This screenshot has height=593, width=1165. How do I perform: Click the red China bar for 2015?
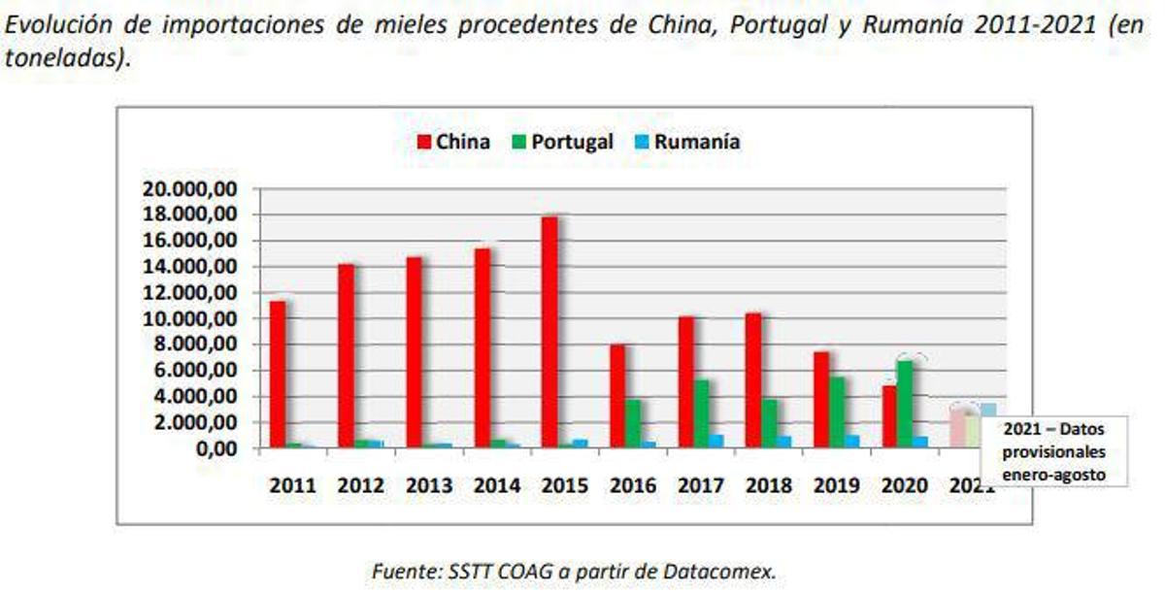tap(549, 332)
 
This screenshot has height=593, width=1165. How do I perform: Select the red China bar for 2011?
tap(278, 375)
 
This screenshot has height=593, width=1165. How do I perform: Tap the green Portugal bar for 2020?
tap(905, 404)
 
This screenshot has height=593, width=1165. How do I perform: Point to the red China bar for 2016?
tap(617, 396)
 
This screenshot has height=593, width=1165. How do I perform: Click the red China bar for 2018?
tap(753, 380)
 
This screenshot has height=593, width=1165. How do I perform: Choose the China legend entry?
tap(453, 143)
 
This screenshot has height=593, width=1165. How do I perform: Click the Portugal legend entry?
tap(562, 143)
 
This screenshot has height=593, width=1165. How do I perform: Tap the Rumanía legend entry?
tap(686, 143)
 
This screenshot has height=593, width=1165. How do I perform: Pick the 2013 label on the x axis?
tap(428, 485)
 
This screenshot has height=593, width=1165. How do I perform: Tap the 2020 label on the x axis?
tap(904, 485)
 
